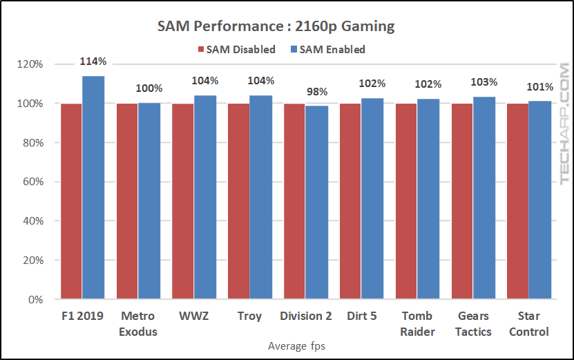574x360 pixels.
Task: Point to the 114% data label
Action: click(x=93, y=61)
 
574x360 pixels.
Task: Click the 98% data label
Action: click(x=316, y=91)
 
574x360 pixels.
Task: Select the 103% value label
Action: click(x=484, y=82)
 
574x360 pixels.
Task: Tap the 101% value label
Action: click(x=539, y=87)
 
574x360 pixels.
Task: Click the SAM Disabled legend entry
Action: click(x=236, y=49)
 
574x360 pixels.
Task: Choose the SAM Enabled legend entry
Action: click(x=327, y=49)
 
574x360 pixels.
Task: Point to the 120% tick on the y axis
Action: click(x=30, y=64)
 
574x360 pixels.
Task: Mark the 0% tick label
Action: click(x=35, y=300)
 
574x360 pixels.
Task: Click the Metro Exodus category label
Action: click(x=138, y=323)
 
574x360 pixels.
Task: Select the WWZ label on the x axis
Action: click(x=193, y=316)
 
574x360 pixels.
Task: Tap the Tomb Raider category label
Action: click(x=417, y=323)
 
